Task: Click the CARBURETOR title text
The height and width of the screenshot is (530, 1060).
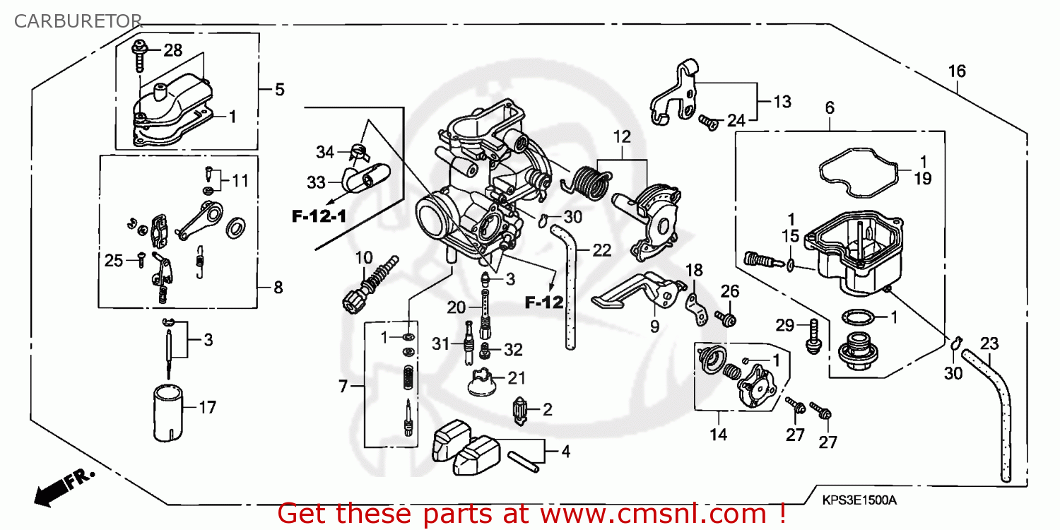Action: pyautogui.click(x=78, y=20)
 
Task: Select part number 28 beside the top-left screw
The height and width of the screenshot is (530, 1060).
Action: pyautogui.click(x=172, y=50)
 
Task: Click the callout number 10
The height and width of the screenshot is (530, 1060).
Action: pyautogui.click(x=363, y=257)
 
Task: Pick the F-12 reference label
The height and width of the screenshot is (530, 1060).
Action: pyautogui.click(x=543, y=303)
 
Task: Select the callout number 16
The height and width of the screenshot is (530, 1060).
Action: pyautogui.click(x=957, y=71)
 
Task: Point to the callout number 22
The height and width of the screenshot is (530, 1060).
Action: pyautogui.click(x=601, y=250)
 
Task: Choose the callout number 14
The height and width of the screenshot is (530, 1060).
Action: pyautogui.click(x=718, y=435)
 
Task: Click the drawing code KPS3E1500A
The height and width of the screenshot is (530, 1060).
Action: pyautogui.click(x=859, y=500)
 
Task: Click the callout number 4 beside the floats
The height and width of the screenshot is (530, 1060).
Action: pyautogui.click(x=565, y=452)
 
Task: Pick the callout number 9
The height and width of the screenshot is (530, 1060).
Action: pyautogui.click(x=654, y=326)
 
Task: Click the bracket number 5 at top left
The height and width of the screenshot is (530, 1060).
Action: pyautogui.click(x=279, y=90)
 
